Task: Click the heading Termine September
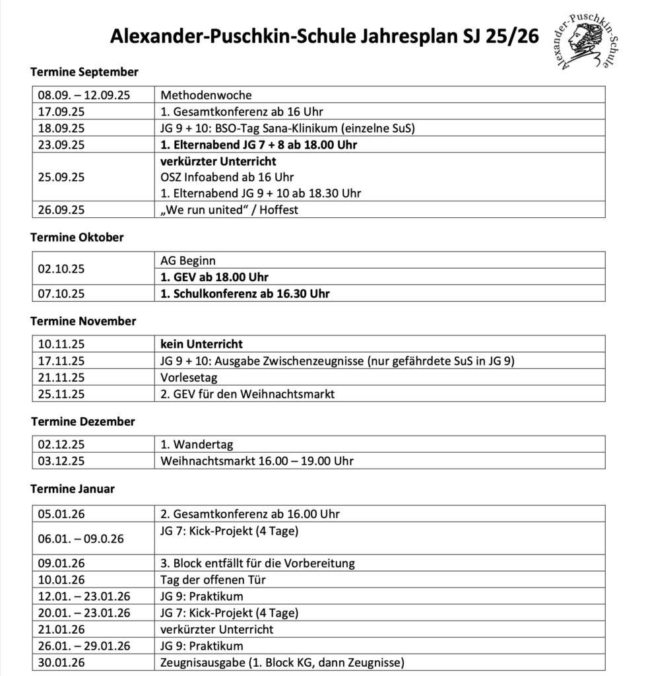[x=84, y=72]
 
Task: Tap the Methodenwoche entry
[x=206, y=95]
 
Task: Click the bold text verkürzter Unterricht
[x=218, y=161]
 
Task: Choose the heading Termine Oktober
[x=77, y=237]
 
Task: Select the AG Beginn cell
[x=188, y=261]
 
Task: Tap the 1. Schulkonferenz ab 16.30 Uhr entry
[x=245, y=294]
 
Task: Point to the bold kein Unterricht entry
[x=202, y=344]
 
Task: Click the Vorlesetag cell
[x=189, y=378]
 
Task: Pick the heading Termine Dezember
[x=82, y=421]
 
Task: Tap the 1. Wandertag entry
[x=197, y=444]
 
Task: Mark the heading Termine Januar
[x=73, y=489]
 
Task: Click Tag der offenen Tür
[x=213, y=580]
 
